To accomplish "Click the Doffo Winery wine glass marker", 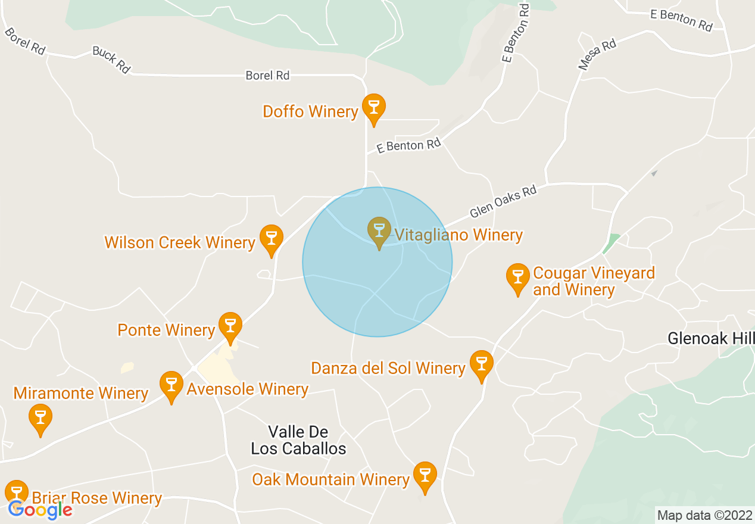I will pyautogui.click(x=374, y=108).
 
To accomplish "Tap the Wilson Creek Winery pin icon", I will pyautogui.click(x=271, y=238).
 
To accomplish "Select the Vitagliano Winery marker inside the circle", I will pyautogui.click(x=379, y=230).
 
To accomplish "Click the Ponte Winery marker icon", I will pyautogui.click(x=230, y=326).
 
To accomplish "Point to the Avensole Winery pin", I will pyautogui.click(x=171, y=385).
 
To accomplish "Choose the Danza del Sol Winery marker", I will pyautogui.click(x=481, y=364).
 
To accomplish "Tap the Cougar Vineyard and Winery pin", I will pyautogui.click(x=517, y=277).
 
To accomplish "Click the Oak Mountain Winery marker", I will pyautogui.click(x=425, y=475).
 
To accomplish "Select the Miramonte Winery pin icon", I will pyautogui.click(x=40, y=417).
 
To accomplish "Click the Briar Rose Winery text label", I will pyautogui.click(x=97, y=498).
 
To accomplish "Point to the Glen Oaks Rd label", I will pyautogui.click(x=503, y=202).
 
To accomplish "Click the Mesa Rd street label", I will pyautogui.click(x=597, y=55).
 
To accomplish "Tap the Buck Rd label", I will pyautogui.click(x=111, y=60).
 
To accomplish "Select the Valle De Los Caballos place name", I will pyautogui.click(x=298, y=440).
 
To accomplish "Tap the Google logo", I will pyautogui.click(x=40, y=510).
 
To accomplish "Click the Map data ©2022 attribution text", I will pyautogui.click(x=704, y=515).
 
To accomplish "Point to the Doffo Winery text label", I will pyautogui.click(x=310, y=111).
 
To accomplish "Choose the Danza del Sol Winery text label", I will pyautogui.click(x=388, y=369).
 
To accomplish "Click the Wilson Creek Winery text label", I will pyautogui.click(x=180, y=242).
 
